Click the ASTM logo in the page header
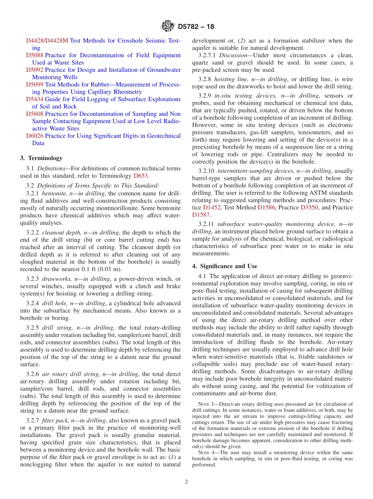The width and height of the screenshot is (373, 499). [168, 27]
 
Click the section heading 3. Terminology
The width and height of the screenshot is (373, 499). [41, 158]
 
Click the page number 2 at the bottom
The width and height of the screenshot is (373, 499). [186, 482]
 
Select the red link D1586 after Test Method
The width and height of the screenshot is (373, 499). [265, 207]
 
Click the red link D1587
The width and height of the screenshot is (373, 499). [201, 215]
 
